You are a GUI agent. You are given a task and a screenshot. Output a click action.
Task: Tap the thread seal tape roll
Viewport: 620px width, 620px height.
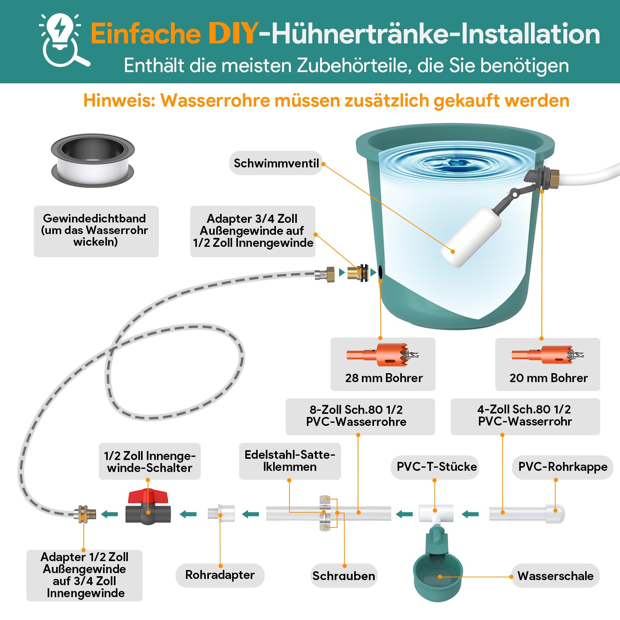coord(93,160)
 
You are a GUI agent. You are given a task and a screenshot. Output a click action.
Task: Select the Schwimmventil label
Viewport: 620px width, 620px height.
coord(276,163)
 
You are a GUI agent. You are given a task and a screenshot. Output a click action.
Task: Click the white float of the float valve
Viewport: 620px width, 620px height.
coord(470,237)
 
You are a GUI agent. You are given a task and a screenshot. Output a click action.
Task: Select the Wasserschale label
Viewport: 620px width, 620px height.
coord(555,576)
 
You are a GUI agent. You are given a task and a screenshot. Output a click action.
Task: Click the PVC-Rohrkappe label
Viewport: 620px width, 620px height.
coord(563,467)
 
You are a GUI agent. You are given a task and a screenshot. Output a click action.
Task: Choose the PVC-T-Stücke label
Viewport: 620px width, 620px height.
coord(437,467)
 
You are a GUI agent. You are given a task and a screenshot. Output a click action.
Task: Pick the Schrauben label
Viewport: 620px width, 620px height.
coord(344,576)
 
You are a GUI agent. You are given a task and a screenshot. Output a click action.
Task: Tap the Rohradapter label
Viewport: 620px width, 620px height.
coord(220,575)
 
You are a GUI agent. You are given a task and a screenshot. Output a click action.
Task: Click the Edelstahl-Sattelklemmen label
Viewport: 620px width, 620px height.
coord(290,461)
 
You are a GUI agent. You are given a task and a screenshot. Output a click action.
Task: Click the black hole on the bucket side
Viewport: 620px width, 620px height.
coord(381,272)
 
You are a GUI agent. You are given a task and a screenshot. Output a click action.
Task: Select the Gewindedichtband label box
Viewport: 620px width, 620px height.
coord(96,231)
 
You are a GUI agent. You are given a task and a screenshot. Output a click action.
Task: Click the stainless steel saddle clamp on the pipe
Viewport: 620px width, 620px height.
coord(324,513)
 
